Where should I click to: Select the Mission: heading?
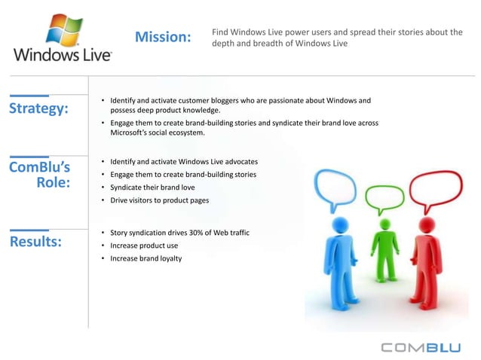(163, 37)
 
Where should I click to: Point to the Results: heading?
(35, 242)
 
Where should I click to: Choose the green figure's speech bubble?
(382, 198)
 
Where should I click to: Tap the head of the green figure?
(385, 225)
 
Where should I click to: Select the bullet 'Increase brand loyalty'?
(146, 258)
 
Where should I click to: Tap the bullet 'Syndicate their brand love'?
(152, 187)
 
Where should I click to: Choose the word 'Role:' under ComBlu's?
(53, 182)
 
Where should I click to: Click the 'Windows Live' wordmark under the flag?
(63, 55)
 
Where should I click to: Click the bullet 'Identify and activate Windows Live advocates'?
(183, 162)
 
